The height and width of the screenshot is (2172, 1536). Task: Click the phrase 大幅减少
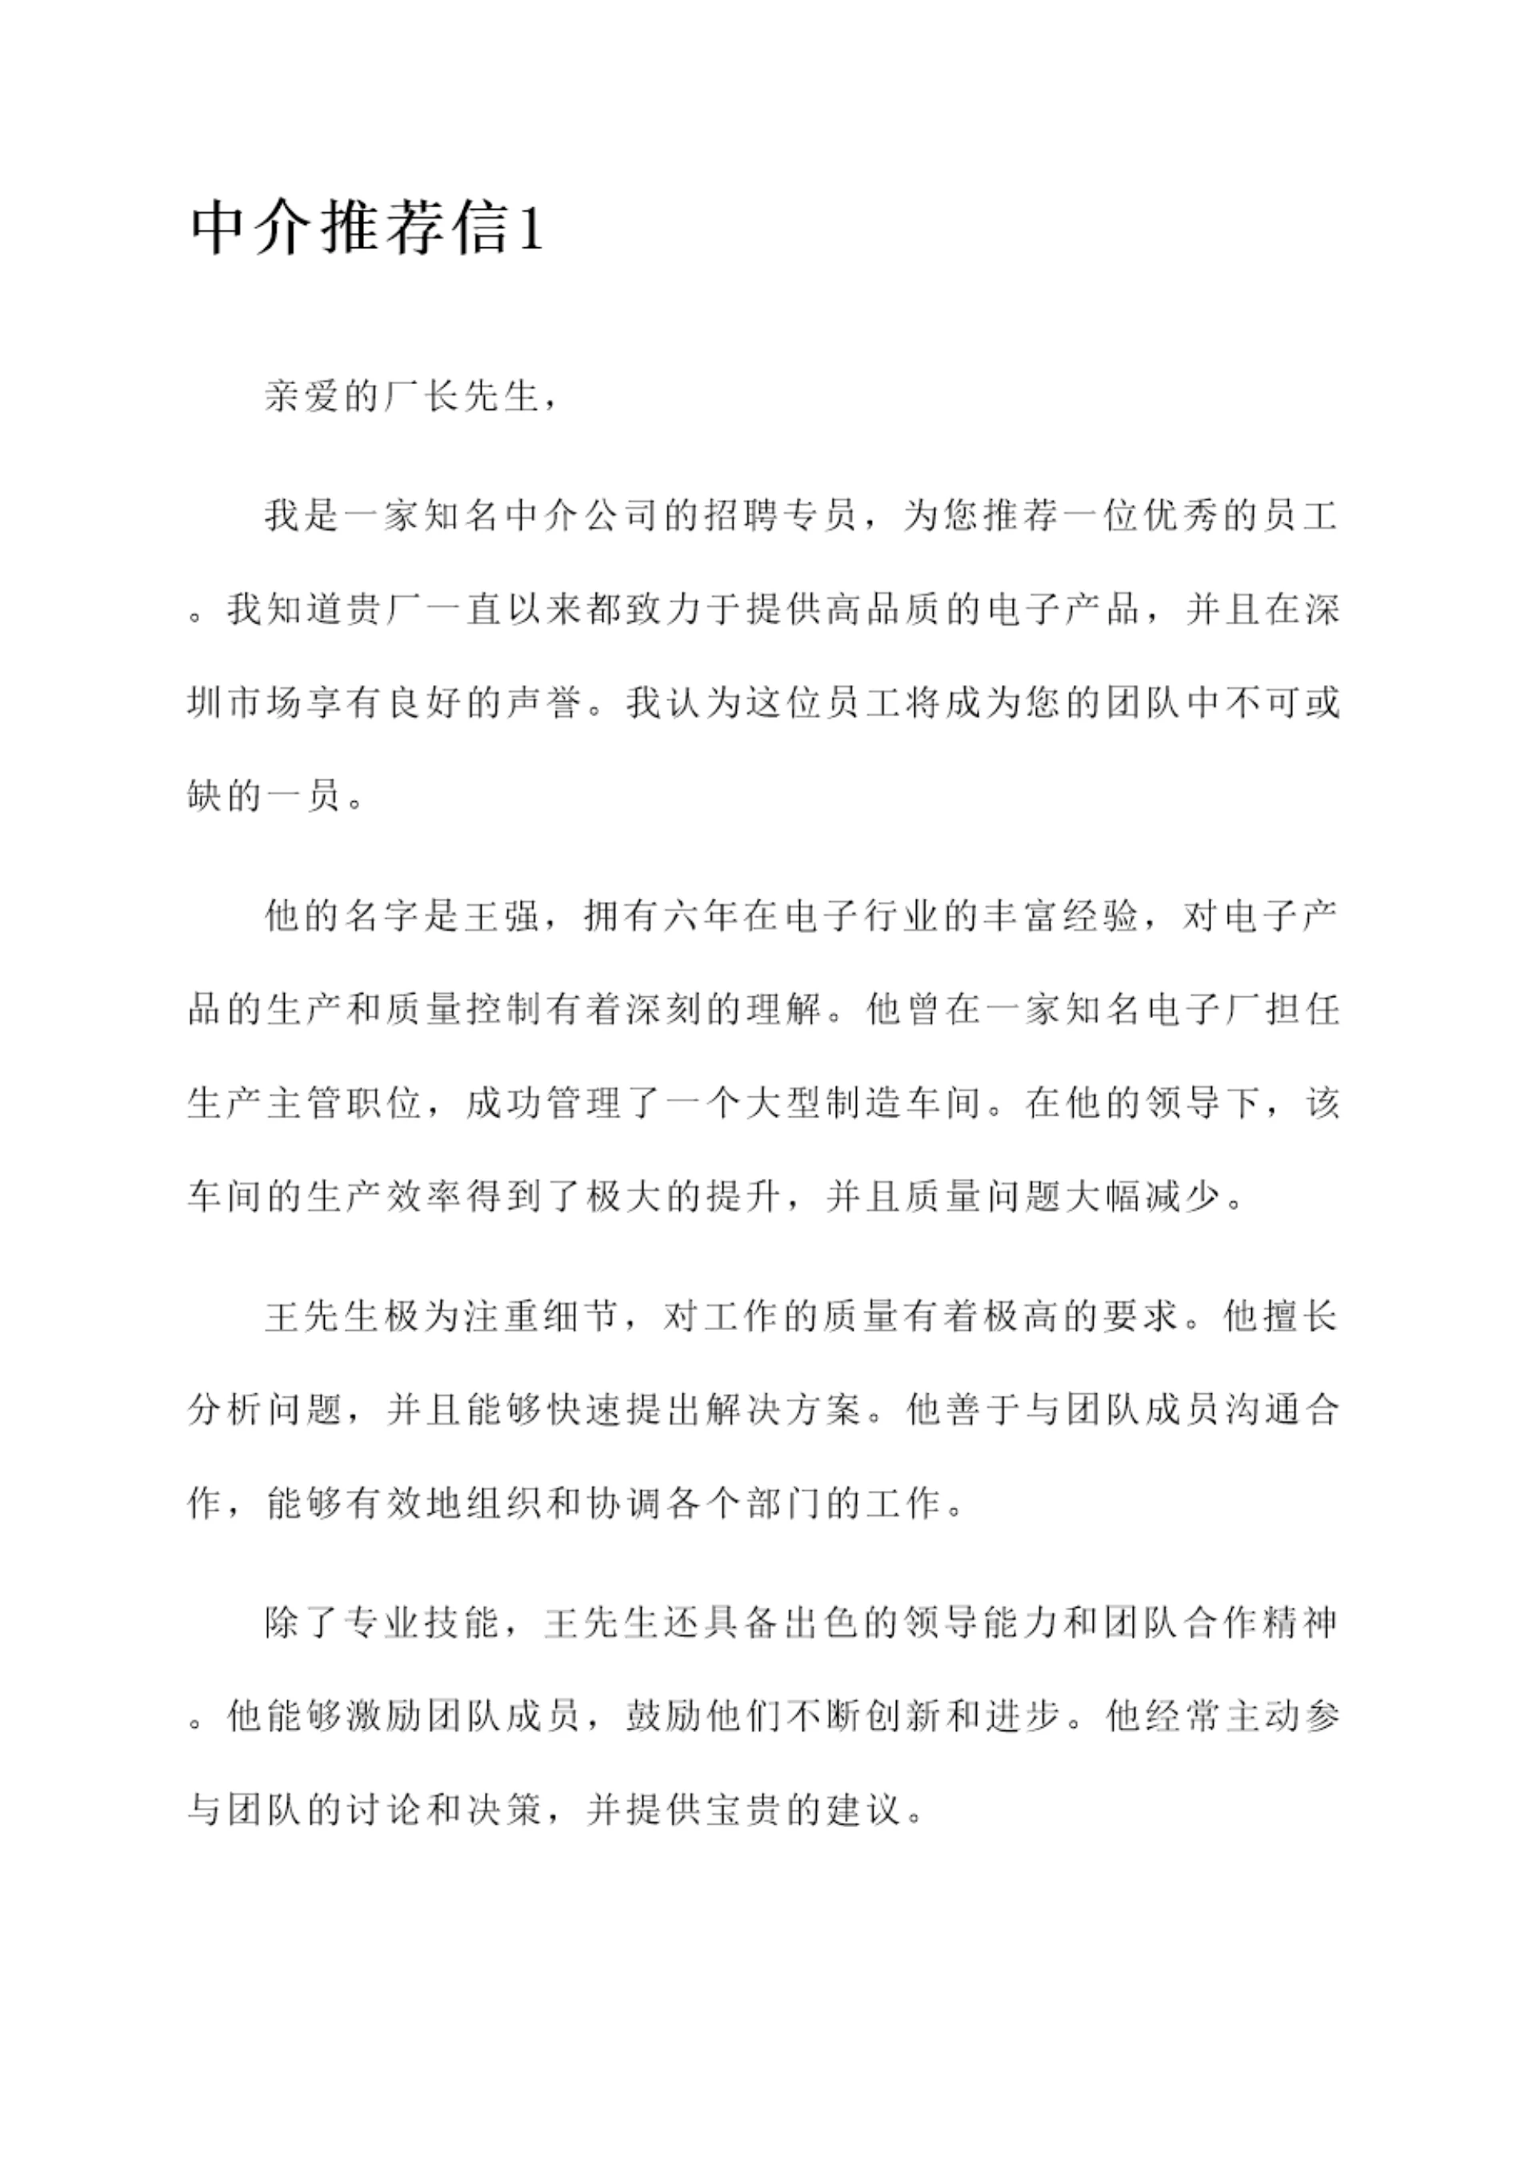pyautogui.click(x=1141, y=1197)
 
